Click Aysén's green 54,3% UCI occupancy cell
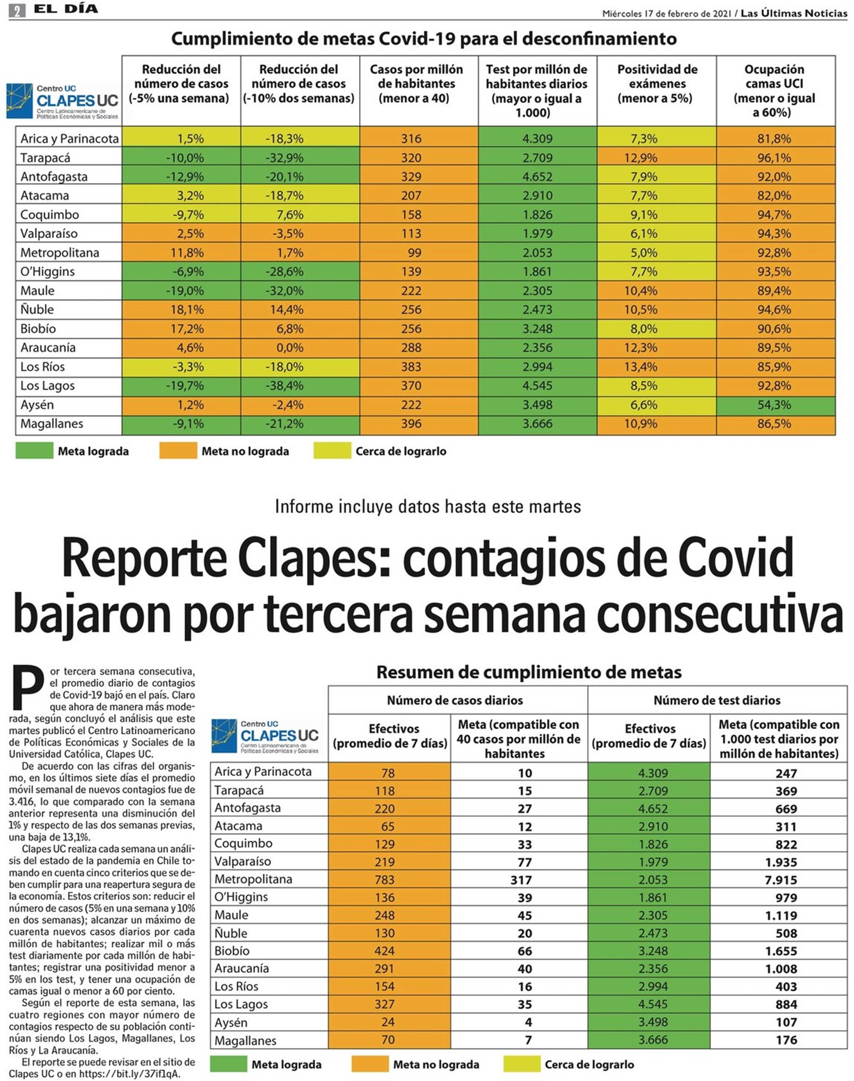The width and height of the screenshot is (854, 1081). (776, 405)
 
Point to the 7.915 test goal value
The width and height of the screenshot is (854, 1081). (781, 880)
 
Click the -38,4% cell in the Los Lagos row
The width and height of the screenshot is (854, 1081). (284, 386)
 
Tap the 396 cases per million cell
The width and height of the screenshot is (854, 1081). (411, 424)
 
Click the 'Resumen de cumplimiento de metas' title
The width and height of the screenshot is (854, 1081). (529, 672)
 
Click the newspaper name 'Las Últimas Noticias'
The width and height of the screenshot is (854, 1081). (794, 14)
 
